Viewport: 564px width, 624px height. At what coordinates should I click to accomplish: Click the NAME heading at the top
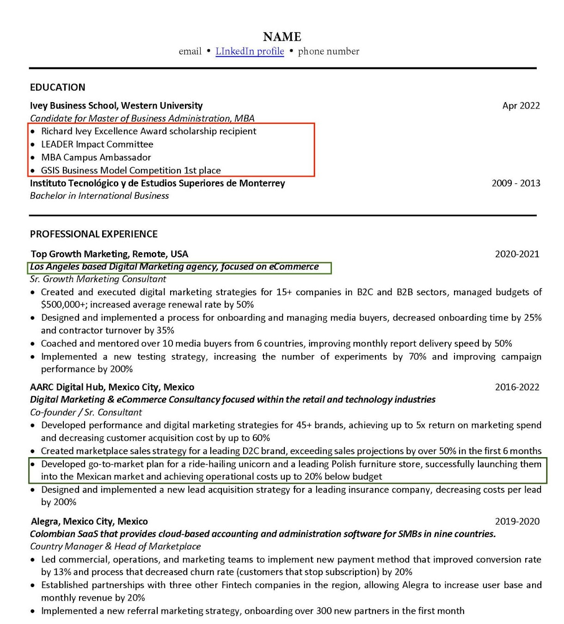point(282,36)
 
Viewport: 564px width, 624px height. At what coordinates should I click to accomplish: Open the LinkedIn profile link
point(250,51)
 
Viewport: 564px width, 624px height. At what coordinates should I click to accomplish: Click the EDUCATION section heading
point(57,87)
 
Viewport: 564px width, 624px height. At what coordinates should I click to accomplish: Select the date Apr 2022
point(521,106)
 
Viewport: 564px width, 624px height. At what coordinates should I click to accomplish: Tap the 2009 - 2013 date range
point(516,183)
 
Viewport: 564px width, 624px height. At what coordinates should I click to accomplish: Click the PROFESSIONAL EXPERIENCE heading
point(94,234)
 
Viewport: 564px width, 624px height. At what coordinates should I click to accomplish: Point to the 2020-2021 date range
point(517,254)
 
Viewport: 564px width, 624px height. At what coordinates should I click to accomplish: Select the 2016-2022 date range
point(517,387)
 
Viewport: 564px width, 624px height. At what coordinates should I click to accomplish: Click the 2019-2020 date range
point(517,521)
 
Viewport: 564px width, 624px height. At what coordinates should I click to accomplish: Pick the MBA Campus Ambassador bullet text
point(96,158)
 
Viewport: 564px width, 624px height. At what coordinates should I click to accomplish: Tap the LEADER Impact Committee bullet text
point(97,145)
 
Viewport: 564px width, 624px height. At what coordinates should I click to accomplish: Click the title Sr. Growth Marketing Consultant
point(98,279)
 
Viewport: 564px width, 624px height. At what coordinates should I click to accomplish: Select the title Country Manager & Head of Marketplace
point(116,546)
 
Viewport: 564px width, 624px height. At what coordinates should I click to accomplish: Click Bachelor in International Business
point(99,196)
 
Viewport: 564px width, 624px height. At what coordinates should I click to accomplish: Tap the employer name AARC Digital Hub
point(63,387)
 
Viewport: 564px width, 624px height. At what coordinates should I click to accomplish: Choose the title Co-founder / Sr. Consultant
point(86,412)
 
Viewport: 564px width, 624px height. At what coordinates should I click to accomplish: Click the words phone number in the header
point(329,51)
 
